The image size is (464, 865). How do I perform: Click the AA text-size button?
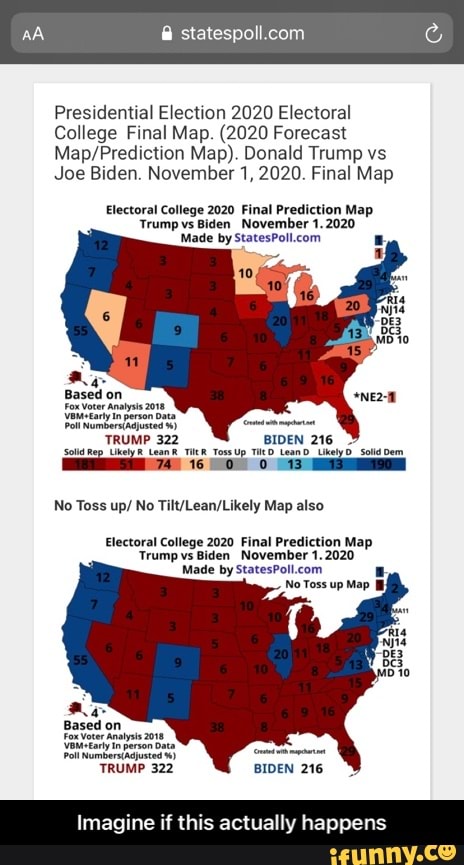[34, 33]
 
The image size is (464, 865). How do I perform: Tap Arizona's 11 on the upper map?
[131, 360]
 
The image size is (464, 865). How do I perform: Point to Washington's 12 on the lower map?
[101, 578]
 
